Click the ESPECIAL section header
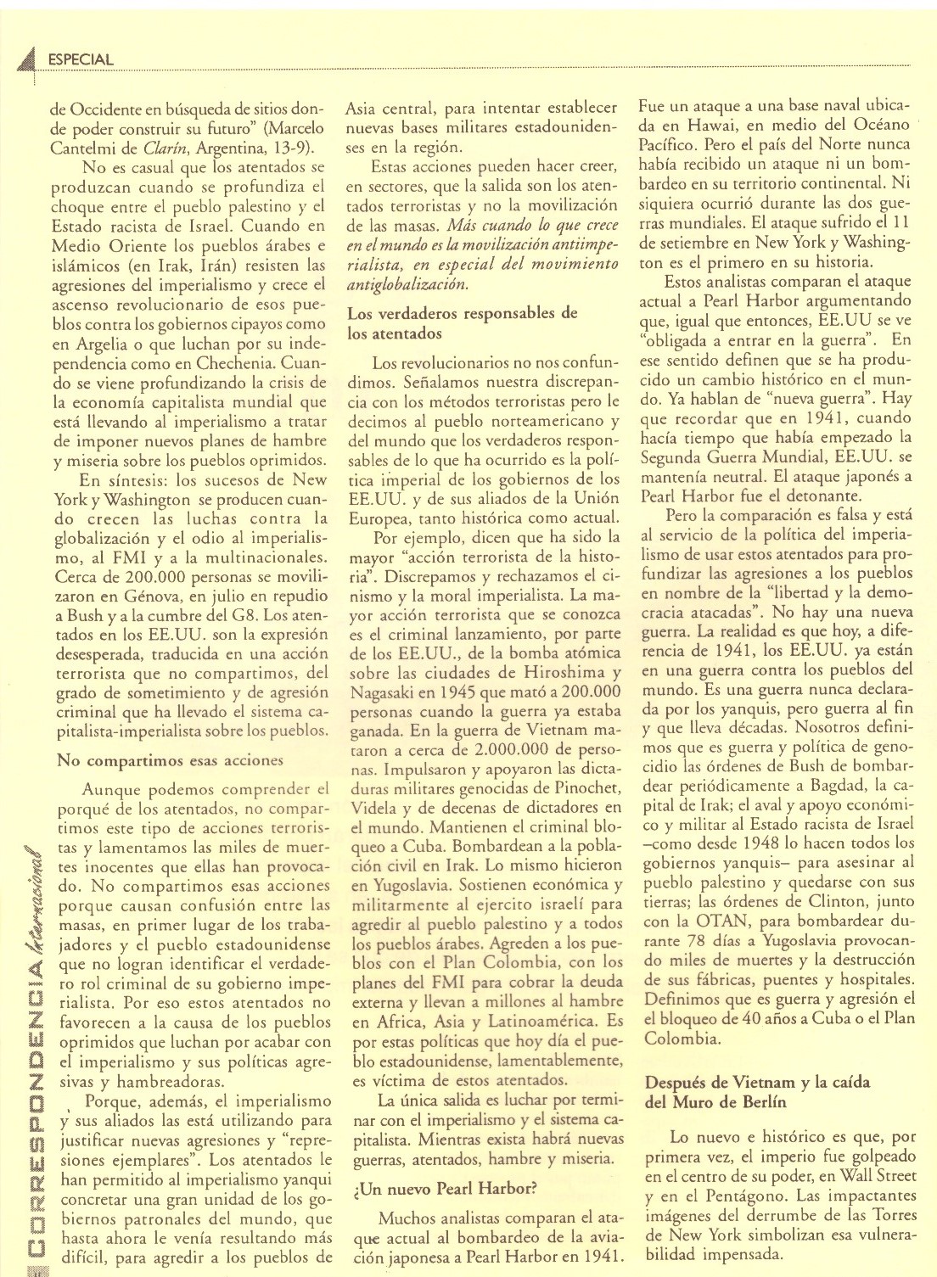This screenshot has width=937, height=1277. click(x=81, y=59)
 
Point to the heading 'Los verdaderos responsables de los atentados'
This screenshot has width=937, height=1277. click(x=462, y=323)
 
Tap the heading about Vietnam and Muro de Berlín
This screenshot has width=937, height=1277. click(x=757, y=1092)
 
